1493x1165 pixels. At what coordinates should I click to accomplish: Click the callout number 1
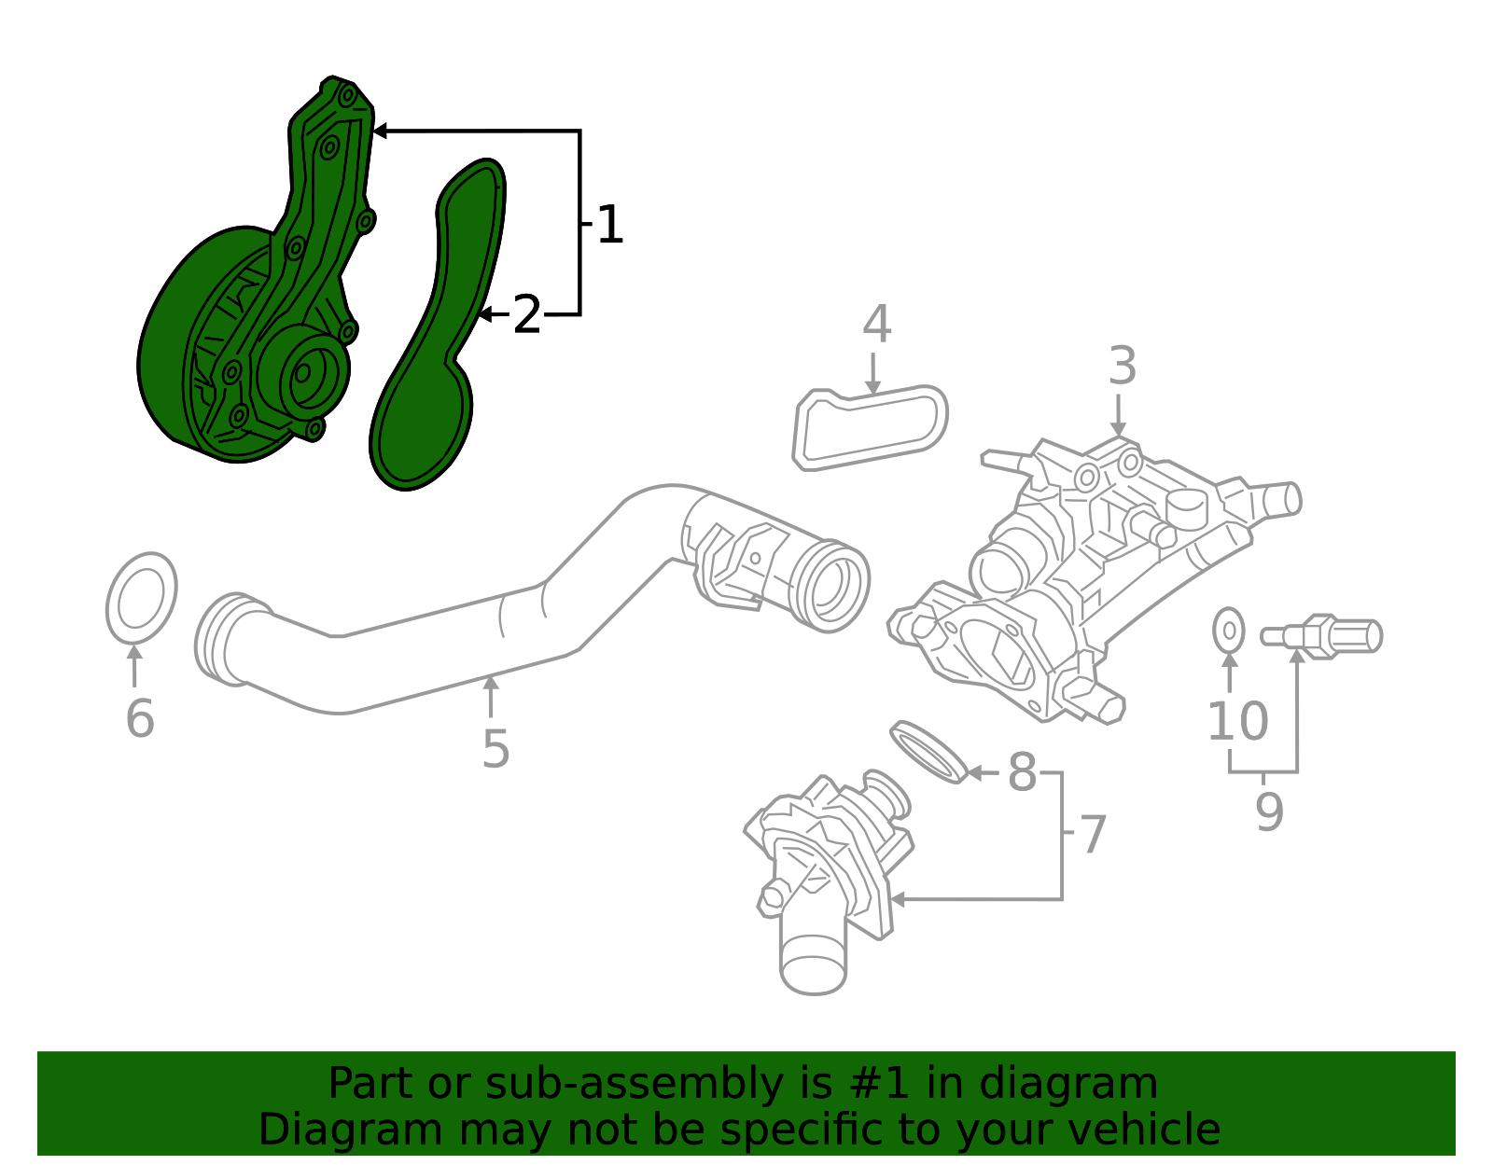click(608, 226)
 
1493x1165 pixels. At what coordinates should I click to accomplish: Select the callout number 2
click(527, 315)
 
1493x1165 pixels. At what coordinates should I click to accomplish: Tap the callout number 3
click(1122, 367)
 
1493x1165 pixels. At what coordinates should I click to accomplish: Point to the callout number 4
click(876, 325)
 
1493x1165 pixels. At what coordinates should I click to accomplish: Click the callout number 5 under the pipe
click(495, 749)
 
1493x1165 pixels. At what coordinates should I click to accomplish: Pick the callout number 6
click(139, 719)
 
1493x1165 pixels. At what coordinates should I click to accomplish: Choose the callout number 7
click(1092, 834)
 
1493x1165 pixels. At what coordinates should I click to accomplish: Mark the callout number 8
click(1022, 773)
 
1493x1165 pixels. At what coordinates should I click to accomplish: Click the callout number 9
click(1269, 811)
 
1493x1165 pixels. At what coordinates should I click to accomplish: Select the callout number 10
click(1237, 721)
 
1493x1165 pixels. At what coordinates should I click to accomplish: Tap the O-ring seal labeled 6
click(141, 598)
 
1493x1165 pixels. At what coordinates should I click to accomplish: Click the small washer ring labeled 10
click(1229, 631)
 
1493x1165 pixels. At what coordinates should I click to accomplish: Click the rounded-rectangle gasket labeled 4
click(870, 428)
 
